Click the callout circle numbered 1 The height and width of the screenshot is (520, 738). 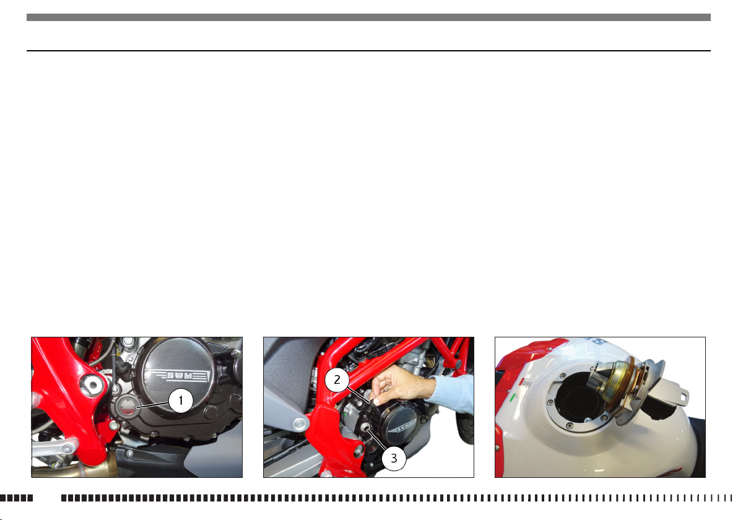(x=180, y=401)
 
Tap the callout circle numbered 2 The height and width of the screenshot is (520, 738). (x=337, y=379)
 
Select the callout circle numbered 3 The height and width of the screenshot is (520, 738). (x=394, y=458)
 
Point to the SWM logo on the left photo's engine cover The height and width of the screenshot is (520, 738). (x=178, y=376)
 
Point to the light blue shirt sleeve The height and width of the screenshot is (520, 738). (x=452, y=394)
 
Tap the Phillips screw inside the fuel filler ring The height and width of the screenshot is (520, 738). (x=587, y=419)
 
